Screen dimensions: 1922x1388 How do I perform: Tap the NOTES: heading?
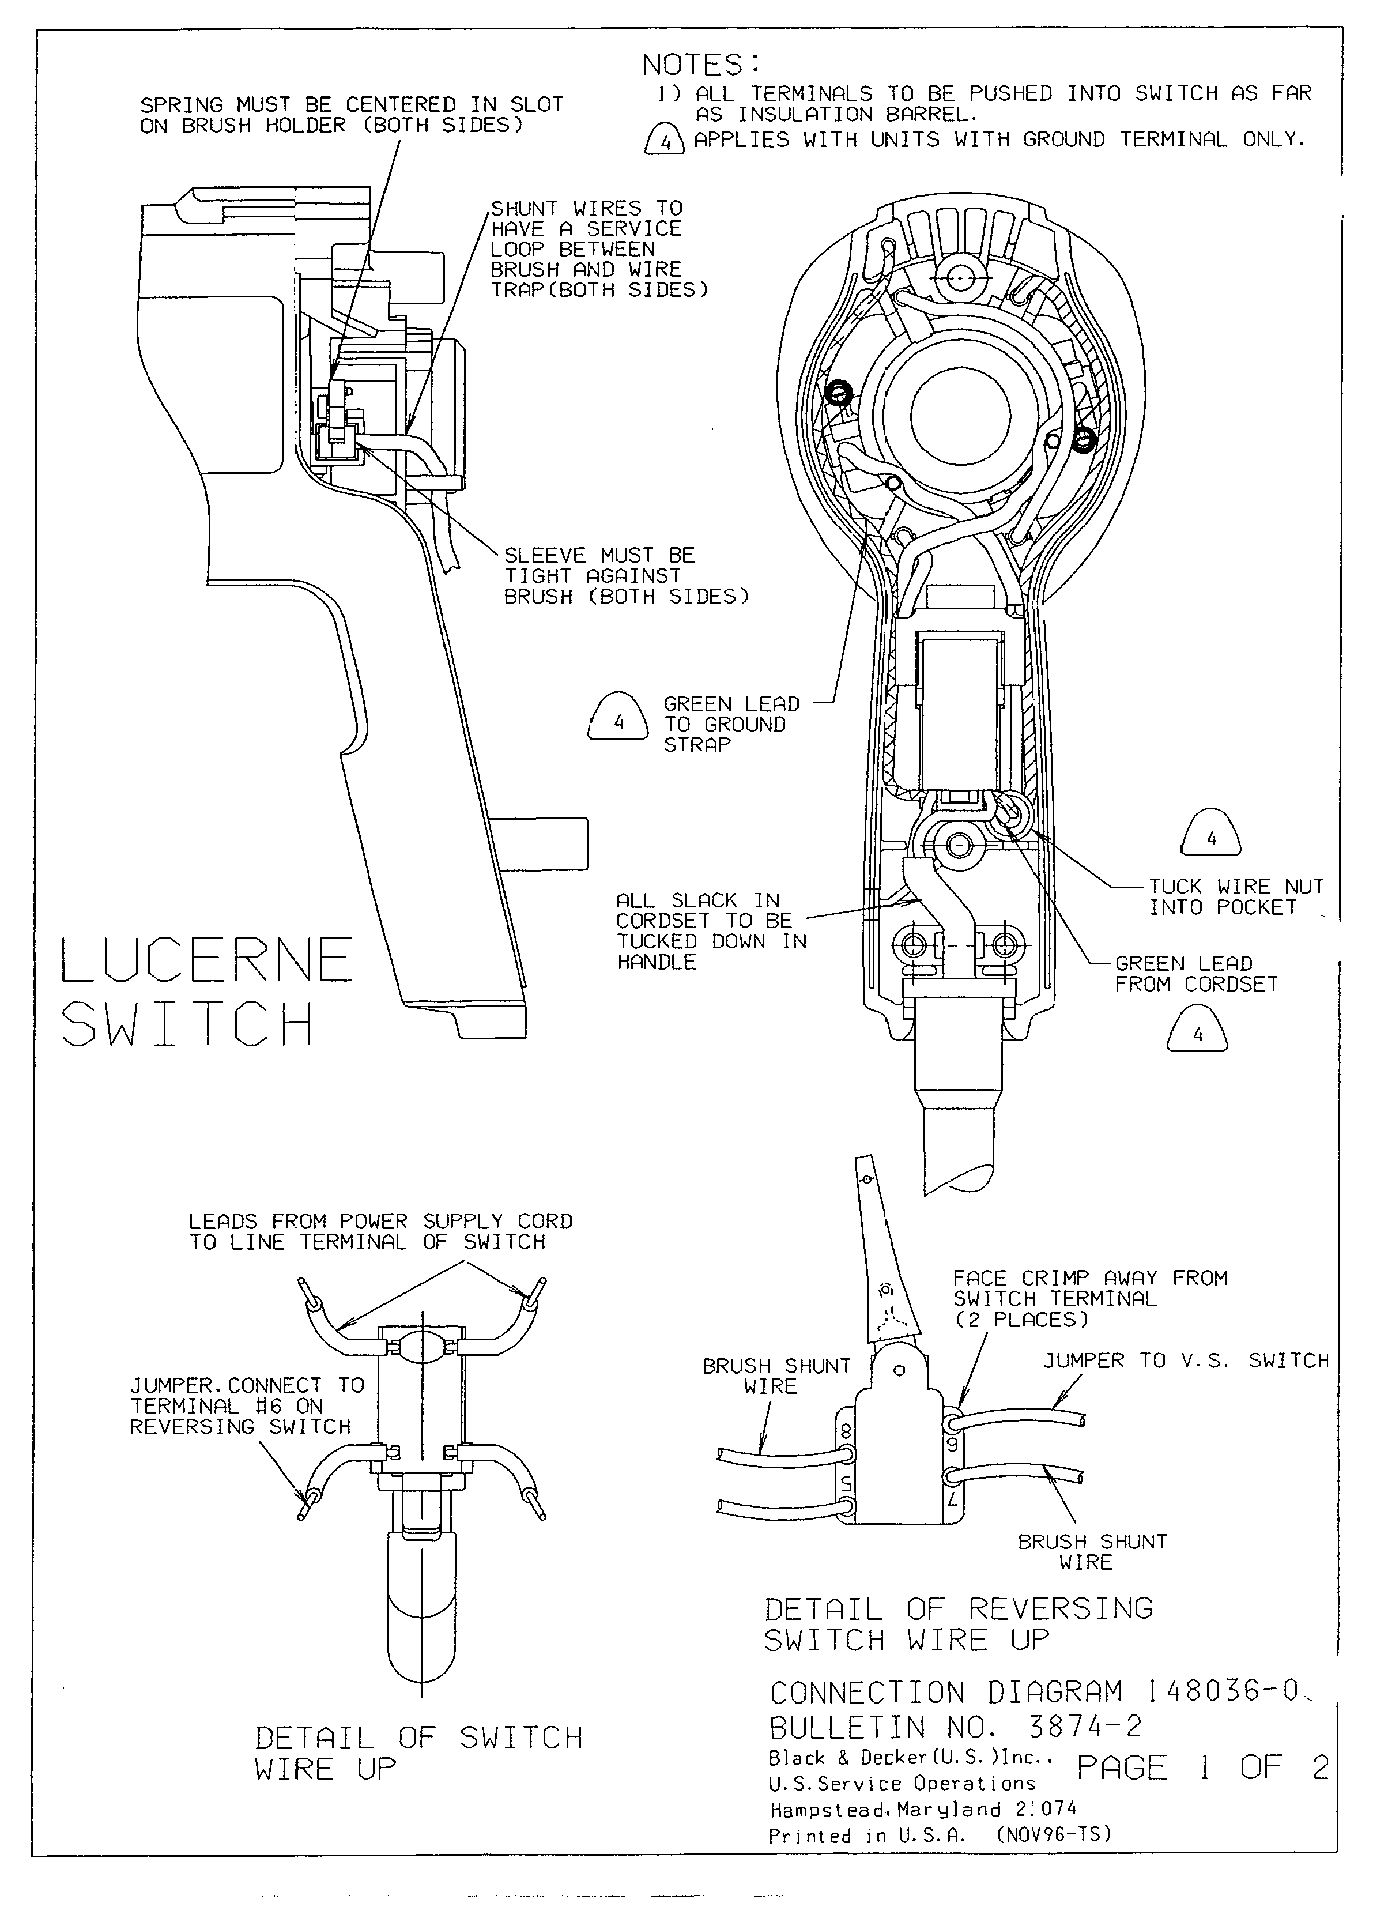tap(701, 65)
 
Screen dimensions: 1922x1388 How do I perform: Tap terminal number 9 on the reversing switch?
tap(952, 1443)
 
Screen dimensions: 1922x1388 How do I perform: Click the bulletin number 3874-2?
tap(1085, 1726)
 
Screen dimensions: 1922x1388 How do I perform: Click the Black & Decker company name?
tap(909, 1758)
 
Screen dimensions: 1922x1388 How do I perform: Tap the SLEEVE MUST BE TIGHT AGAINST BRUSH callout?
tap(625, 576)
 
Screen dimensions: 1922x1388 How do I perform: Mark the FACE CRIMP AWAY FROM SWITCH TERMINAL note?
tap(1090, 1298)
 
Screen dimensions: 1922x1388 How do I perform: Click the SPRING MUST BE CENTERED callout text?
tap(352, 115)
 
